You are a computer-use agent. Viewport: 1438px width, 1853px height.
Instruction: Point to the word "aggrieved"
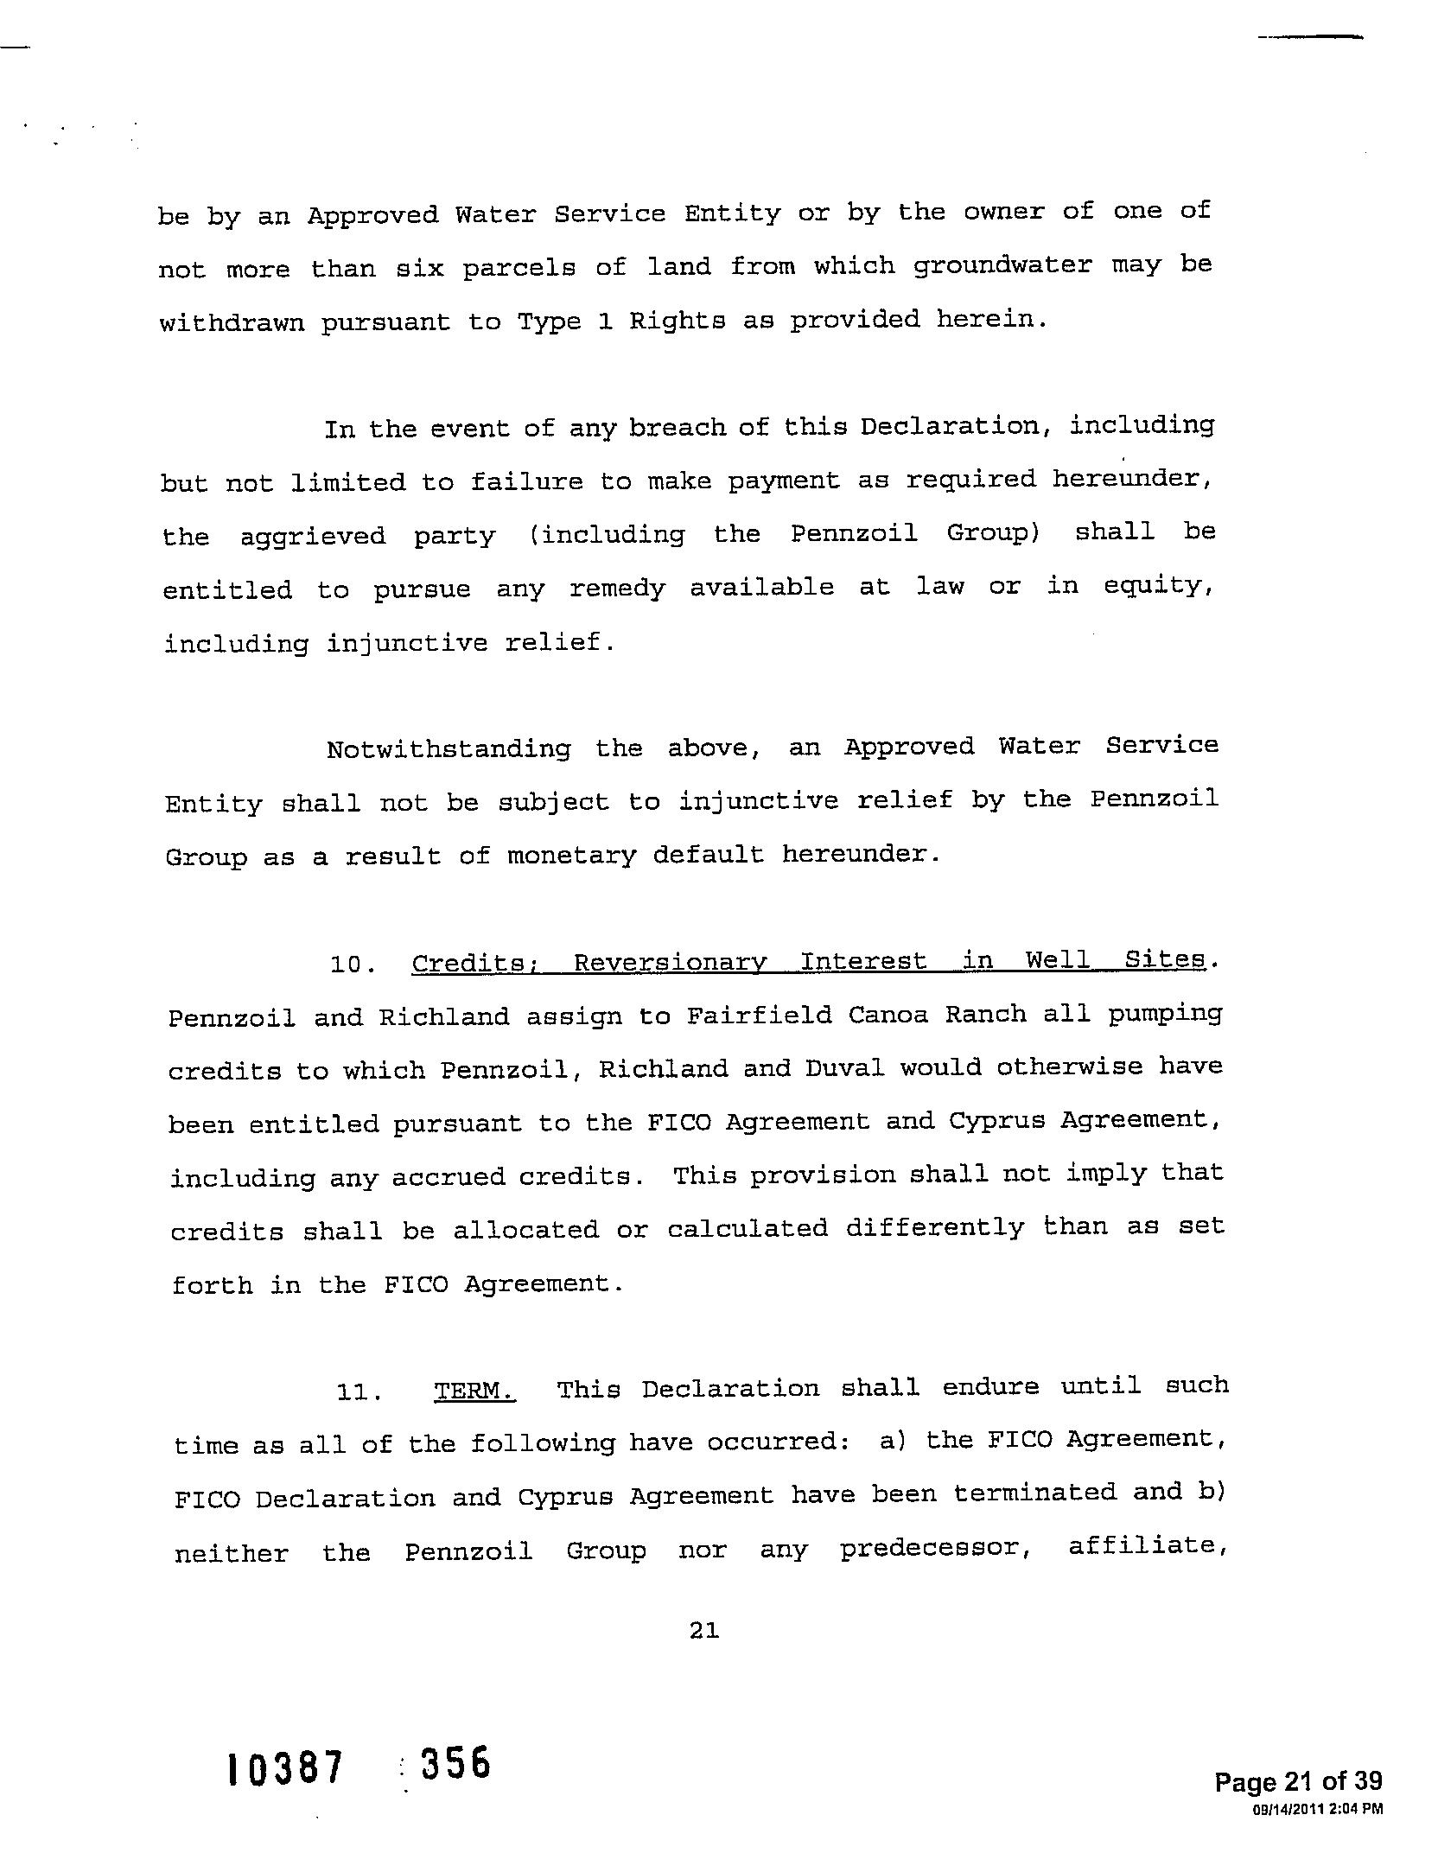pyautogui.click(x=313, y=537)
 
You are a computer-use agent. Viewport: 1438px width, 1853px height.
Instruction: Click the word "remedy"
pyautogui.click(x=617, y=589)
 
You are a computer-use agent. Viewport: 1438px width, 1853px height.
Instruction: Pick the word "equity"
pyautogui.click(x=1154, y=587)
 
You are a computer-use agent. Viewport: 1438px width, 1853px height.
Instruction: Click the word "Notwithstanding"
pyautogui.click(x=449, y=748)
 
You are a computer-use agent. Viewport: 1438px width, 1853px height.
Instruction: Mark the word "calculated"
pyautogui.click(x=747, y=1229)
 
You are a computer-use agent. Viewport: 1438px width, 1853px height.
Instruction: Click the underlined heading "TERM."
pyautogui.click(x=474, y=1391)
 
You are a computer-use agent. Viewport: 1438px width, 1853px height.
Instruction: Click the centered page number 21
pyautogui.click(x=704, y=1631)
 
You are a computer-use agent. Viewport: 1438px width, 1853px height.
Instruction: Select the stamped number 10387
pyautogui.click(x=285, y=1767)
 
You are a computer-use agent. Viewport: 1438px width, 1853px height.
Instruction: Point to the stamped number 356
pyautogui.click(x=455, y=1763)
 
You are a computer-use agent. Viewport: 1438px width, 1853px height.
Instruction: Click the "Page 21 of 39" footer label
pyautogui.click(x=1298, y=1781)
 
